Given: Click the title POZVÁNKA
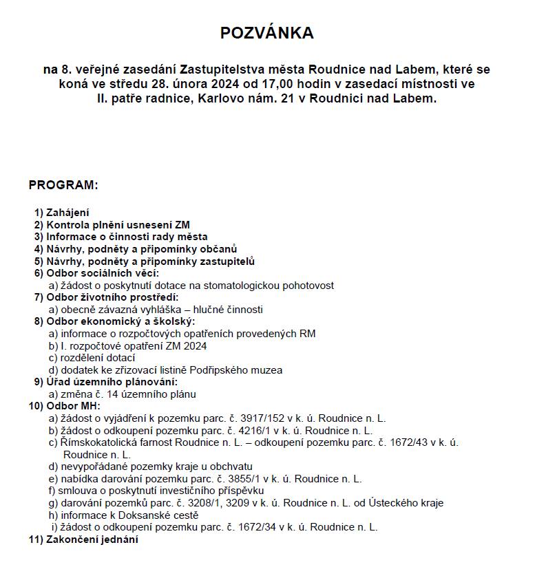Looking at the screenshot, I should click(x=266, y=33).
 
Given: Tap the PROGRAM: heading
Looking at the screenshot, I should click(x=63, y=185).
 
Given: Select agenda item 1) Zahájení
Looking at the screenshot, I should click(x=61, y=213).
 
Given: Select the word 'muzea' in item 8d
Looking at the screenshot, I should click(x=267, y=370).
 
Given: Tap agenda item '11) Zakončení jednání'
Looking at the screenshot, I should click(x=83, y=539).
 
